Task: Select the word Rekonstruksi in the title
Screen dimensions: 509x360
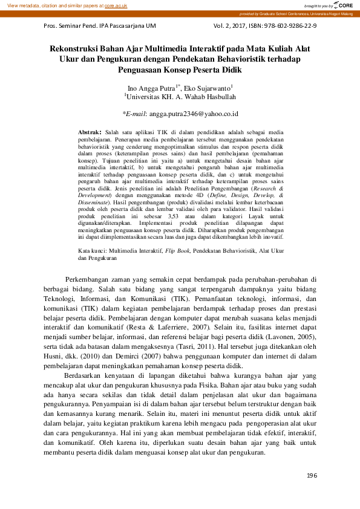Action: pyautogui.click(x=79, y=48)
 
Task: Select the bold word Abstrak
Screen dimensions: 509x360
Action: pyautogui.click(x=90, y=131)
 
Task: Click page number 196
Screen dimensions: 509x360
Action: pyautogui.click(x=311, y=476)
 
